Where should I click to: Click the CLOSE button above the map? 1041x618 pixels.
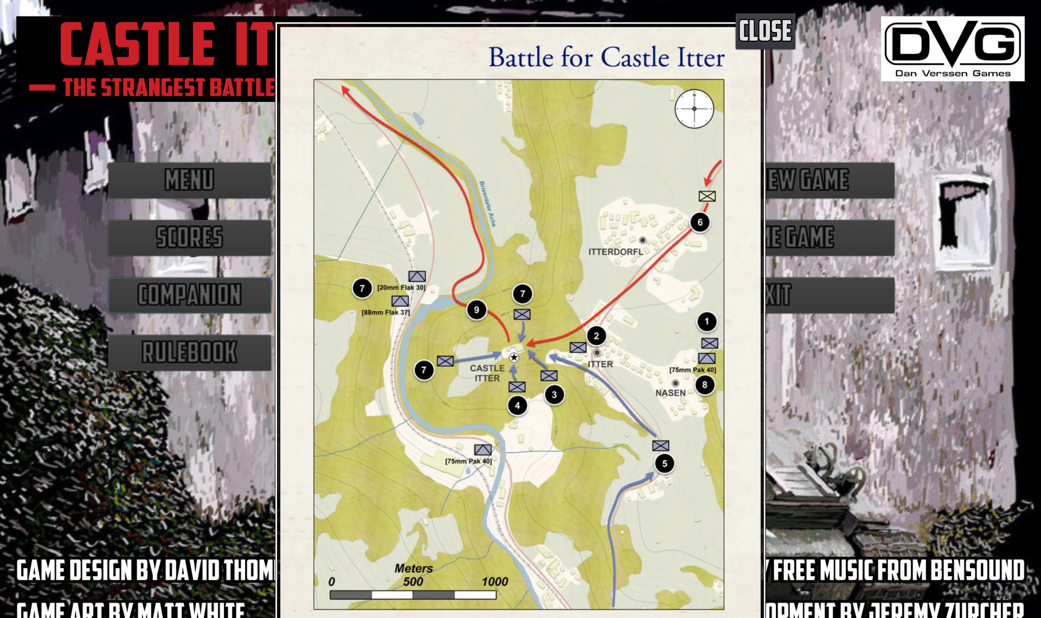coord(765,31)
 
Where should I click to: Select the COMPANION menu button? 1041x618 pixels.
coord(190,295)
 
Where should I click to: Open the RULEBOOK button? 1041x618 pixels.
coord(190,352)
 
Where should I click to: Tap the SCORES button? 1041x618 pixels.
coord(190,237)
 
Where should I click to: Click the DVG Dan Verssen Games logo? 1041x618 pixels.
coord(952,49)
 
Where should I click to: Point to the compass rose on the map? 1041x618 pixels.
coord(694,109)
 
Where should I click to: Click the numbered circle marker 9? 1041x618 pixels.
coord(476,310)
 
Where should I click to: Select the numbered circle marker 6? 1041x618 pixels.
coord(700,223)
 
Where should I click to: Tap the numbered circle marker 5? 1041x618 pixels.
coord(664,463)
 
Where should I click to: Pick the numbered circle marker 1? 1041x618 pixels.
coord(707,322)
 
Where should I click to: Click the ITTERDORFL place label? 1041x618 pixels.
coord(616,252)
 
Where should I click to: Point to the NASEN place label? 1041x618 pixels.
coord(671,393)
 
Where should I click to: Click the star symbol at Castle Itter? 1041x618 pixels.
coord(514,358)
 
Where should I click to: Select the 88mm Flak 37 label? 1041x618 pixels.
coord(386,312)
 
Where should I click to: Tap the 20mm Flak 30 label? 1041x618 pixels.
coord(401,287)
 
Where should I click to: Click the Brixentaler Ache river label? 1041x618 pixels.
coord(487,204)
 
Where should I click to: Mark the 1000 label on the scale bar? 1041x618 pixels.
coord(495,582)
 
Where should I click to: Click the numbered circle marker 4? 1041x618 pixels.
coord(517,406)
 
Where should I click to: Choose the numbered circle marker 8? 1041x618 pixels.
coord(705,385)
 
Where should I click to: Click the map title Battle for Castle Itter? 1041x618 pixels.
coord(606,58)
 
